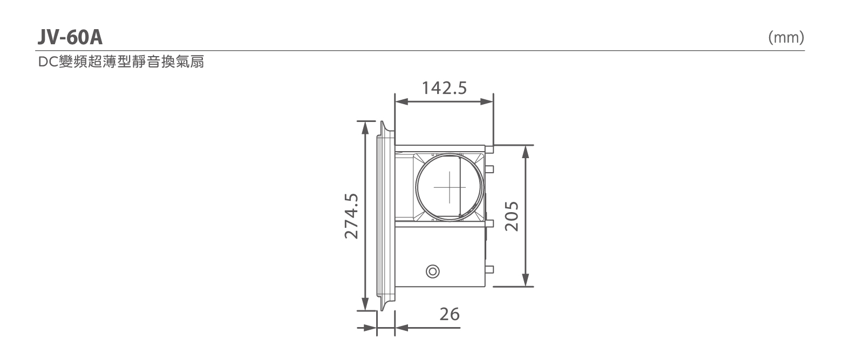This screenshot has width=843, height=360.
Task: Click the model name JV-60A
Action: pos(70,38)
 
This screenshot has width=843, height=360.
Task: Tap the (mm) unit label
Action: pos(786,38)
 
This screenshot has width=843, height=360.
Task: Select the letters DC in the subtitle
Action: pos(48,62)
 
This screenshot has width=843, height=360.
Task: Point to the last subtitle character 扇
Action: pos(197,62)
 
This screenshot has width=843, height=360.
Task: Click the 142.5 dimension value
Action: pos(444,88)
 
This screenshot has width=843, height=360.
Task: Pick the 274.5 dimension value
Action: pos(351,216)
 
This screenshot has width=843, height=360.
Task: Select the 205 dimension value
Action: pos(512,216)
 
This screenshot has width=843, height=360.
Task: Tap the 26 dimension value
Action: pos(450,314)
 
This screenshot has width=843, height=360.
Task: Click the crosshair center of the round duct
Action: pos(450,187)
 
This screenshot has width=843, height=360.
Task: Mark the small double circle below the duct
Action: pos(433,271)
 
